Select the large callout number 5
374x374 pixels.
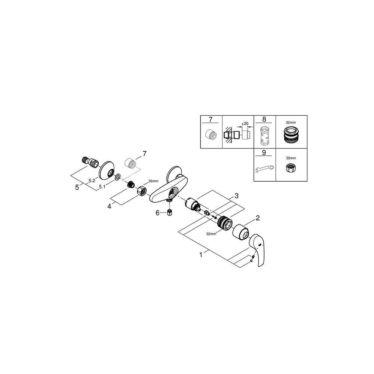[x=77, y=187]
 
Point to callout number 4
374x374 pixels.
[x=109, y=205]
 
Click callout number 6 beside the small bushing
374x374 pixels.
[x=157, y=213]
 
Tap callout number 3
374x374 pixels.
[x=236, y=196]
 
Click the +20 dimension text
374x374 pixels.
[x=245, y=124]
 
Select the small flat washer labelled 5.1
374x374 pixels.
[x=117, y=176]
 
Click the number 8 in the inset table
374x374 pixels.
[x=264, y=120]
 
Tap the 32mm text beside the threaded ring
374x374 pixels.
[x=211, y=234]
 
